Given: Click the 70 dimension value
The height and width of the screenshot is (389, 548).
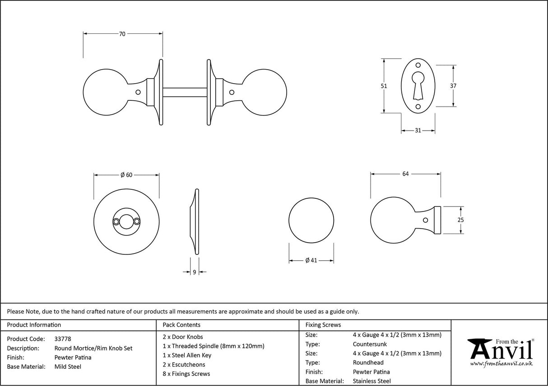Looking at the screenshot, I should coord(122,34).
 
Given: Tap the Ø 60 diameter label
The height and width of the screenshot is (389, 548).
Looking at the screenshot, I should coord(126,175).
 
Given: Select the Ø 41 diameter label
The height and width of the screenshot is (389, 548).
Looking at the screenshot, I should coord(311,260).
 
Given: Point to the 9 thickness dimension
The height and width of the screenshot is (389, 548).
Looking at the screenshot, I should coord(194,272).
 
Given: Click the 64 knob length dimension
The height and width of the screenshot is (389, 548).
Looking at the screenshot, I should coord(405,174).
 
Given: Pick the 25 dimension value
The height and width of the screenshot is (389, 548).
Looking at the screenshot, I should coord(460,220).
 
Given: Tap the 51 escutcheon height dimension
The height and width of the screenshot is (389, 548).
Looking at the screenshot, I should coord(384,86).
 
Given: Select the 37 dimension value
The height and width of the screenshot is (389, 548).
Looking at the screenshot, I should coord(453,86).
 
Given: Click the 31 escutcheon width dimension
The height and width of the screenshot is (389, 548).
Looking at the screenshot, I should coord(418,131).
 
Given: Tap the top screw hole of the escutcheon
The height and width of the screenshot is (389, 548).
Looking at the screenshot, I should coord(418,65).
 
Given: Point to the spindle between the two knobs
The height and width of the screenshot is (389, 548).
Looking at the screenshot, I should coord(184,92).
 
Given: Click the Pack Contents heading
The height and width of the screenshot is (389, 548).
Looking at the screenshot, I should coord(181,325).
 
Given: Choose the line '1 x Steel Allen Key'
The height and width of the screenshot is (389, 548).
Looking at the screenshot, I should coord(187,356).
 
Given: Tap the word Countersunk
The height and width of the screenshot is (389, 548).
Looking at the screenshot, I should coord(370,344).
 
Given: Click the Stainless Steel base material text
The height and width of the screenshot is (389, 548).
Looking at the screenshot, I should coord(372,381).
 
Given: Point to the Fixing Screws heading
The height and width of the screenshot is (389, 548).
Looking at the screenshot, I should coord(323,325).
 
